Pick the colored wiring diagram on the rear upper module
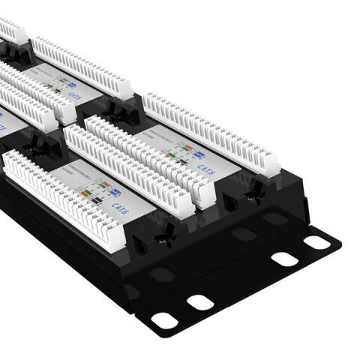tap(57, 84)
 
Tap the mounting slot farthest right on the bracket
tap(318, 242)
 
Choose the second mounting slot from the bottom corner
tap(199, 302)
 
